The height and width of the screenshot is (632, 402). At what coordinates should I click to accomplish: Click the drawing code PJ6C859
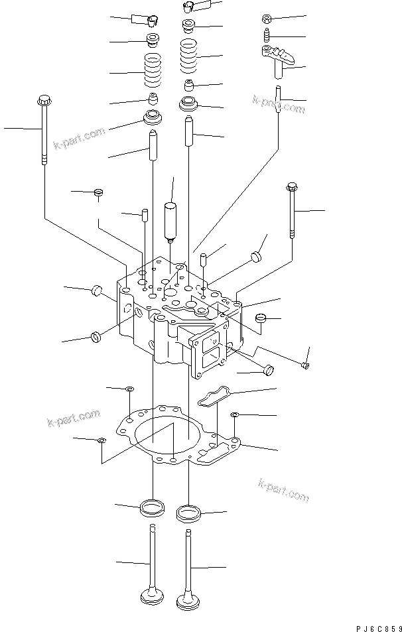[x=378, y=627]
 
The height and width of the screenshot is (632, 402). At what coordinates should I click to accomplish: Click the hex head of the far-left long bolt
[x=43, y=101]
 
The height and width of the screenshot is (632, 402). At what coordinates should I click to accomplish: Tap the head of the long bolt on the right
[x=291, y=186]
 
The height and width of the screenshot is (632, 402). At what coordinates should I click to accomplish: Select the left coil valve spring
[x=154, y=71]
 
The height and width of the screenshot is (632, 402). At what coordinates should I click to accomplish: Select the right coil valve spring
[x=189, y=54]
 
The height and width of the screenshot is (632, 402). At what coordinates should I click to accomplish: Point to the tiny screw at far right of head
[x=304, y=363]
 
